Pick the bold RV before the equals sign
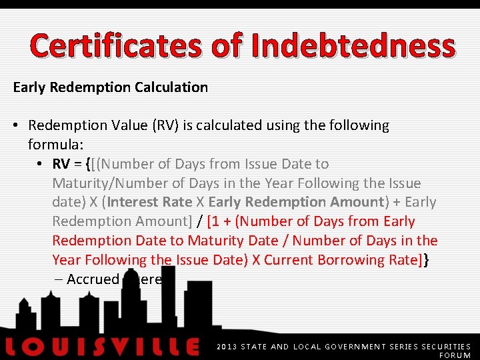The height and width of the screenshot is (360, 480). tap(61, 164)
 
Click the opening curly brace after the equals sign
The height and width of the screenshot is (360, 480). tap(89, 164)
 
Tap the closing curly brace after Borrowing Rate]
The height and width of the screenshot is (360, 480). tap(427, 261)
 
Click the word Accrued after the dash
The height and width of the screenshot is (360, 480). tap(93, 280)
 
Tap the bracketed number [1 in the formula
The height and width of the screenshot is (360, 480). tap(215, 222)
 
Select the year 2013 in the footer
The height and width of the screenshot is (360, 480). tap(227, 347)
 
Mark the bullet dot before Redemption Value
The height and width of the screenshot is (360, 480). tap(17, 125)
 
